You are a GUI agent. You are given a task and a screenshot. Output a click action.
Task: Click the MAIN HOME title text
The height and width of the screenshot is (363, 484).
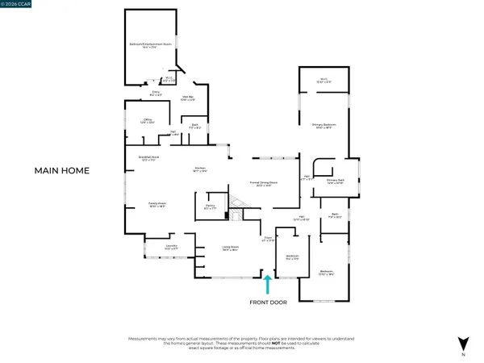coord(61,171)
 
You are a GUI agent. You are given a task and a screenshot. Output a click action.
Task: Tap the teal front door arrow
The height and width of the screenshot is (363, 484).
coord(267,285)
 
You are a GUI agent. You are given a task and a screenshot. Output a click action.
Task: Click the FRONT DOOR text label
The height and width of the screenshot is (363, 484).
coord(267,304)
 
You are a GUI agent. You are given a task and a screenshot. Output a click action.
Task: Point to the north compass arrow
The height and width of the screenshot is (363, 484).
coord(462,343)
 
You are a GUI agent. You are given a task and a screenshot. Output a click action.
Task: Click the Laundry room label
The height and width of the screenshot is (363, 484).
coord(171,246)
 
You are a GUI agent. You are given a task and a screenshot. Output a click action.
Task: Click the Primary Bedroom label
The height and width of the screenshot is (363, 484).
coord(323,126)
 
